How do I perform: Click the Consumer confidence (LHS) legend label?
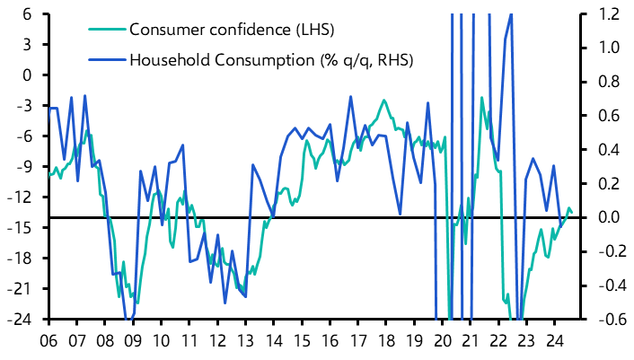[232, 30]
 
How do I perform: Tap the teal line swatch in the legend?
[107, 30]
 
